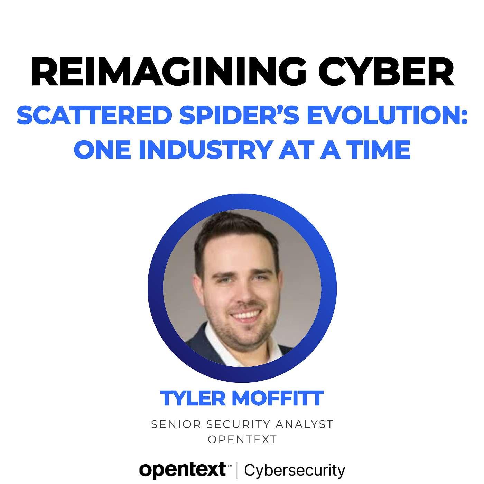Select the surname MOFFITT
coord(278,398)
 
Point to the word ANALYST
coord(304,425)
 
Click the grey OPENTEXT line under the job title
coord(242,439)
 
